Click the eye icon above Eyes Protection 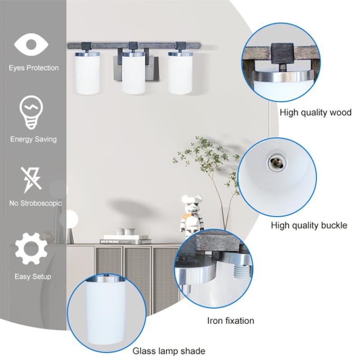click(x=31, y=45)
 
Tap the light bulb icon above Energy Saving click(x=31, y=112)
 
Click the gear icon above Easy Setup click(x=31, y=249)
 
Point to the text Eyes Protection click(x=34, y=68)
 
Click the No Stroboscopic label click(x=36, y=203)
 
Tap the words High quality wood click(x=315, y=112)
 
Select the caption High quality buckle click(x=309, y=225)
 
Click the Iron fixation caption click(x=230, y=321)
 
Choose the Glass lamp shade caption click(x=169, y=351)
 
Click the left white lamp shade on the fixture click(x=87, y=73)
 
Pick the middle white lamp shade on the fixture click(x=133, y=73)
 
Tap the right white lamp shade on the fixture click(x=180, y=73)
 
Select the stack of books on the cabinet click(x=126, y=239)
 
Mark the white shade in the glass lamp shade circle click(x=106, y=312)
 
